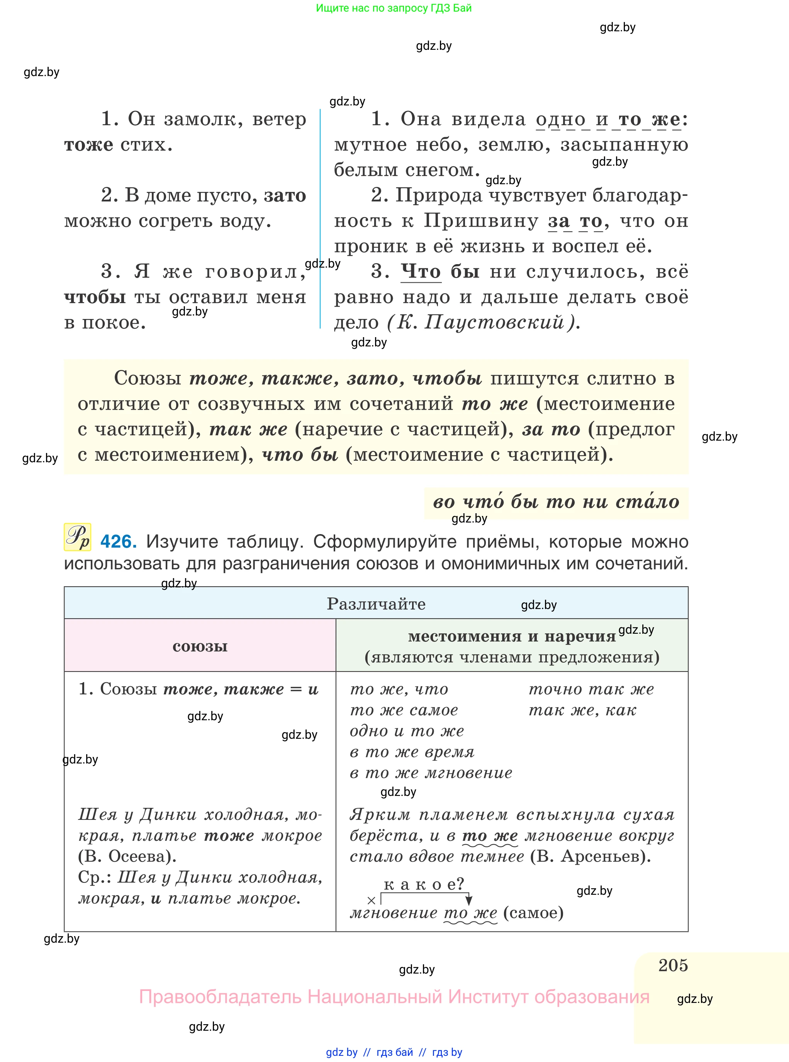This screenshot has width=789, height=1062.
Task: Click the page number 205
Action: click(672, 965)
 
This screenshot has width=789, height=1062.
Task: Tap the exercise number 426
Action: click(119, 541)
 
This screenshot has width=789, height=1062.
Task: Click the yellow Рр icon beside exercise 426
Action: click(77, 537)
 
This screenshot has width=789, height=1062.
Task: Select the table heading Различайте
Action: click(376, 604)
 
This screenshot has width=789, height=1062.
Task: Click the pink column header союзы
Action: click(200, 646)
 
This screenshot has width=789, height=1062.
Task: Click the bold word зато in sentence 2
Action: click(285, 195)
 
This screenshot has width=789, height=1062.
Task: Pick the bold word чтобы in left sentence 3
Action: click(95, 297)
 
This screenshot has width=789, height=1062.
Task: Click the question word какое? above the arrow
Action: click(423, 884)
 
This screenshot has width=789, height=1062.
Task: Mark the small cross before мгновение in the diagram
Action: click(371, 901)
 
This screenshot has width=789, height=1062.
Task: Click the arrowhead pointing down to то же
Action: click(468, 901)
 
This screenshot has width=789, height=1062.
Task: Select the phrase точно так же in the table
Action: click(591, 689)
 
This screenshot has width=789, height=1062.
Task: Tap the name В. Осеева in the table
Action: click(127, 856)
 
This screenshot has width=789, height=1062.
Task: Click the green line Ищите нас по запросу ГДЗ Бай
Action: click(394, 8)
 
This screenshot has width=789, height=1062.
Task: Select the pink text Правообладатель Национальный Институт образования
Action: click(394, 997)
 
